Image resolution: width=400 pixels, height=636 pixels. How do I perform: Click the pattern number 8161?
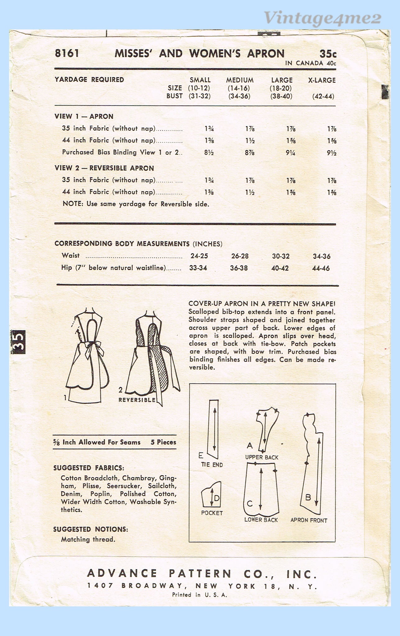67,53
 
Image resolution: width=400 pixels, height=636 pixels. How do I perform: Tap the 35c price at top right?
328,54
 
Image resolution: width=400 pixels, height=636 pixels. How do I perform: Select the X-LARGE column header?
322,80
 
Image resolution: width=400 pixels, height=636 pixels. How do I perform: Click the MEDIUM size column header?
240,80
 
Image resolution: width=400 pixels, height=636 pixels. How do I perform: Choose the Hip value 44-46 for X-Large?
322,268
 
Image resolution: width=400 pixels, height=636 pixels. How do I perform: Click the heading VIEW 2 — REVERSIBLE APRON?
104,168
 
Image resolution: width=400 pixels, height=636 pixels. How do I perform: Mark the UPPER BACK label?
262,457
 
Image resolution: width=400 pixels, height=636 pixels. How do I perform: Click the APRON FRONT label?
309,520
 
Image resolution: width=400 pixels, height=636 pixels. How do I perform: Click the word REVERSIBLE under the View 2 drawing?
137,400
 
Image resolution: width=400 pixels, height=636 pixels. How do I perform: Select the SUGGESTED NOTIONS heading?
90,529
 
